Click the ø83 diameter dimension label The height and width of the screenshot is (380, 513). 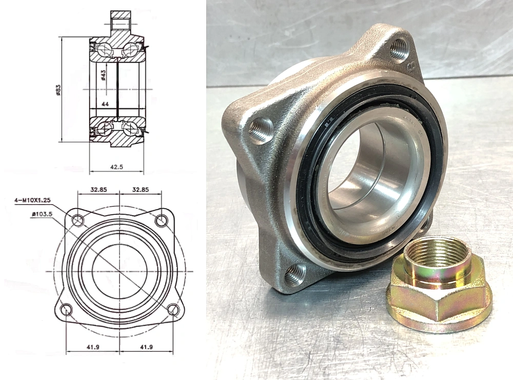pos(58,90)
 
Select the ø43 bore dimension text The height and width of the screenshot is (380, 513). pos(103,75)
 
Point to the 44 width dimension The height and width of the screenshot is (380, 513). pos(105,104)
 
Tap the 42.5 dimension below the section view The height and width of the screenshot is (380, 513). pos(116,167)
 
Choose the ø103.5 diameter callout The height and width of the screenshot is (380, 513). pos(43,214)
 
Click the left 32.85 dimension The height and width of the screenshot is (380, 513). pos(98,189)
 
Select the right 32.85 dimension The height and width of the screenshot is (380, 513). pos(140,189)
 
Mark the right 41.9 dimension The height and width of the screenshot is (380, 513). pos(147,347)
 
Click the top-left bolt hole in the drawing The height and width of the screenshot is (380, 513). pos(78,221)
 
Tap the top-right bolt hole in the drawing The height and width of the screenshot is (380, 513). pos(162,221)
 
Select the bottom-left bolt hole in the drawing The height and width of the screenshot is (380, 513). pos(66,309)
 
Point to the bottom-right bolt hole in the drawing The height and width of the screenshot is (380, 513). pos(173,309)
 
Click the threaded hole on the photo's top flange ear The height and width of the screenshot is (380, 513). pos(399,50)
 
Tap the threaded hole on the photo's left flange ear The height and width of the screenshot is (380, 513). pos(260,130)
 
